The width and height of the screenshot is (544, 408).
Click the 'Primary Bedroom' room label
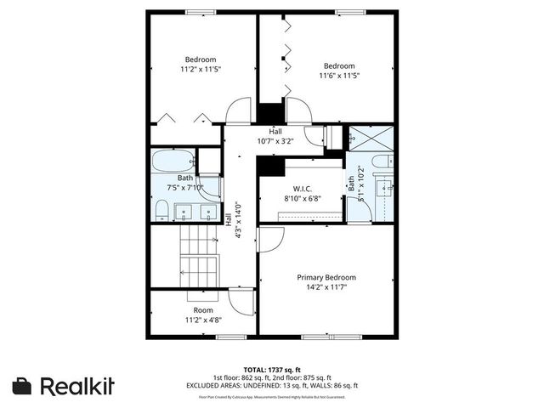(326, 278)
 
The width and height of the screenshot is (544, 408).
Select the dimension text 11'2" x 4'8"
(202, 320)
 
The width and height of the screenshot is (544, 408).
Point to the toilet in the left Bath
(161, 208)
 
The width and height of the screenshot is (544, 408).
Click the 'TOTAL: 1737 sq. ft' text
(271, 370)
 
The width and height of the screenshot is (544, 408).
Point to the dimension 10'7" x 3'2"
(275, 142)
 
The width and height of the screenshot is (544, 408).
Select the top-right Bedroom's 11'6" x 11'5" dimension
(338, 76)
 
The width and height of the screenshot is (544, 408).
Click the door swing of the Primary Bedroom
(268, 240)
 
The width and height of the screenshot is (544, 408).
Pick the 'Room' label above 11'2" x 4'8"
(202, 310)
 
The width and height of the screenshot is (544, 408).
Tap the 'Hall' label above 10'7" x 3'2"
(275, 132)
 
